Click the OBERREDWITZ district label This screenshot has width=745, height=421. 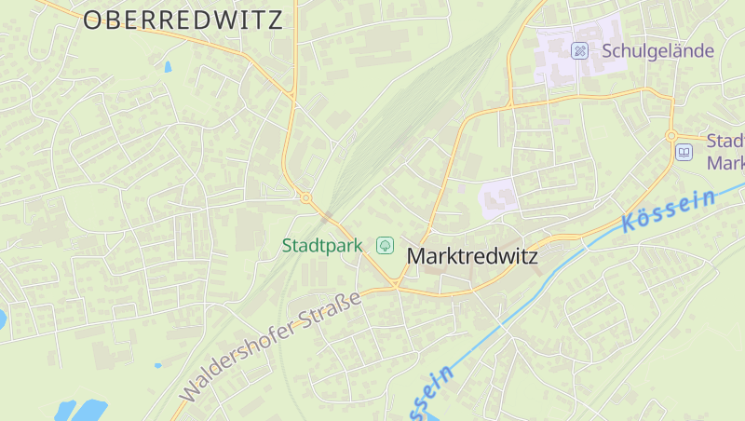pos(183,20)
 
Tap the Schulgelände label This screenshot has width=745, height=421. pos(657,50)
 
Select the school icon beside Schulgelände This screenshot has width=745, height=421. pos(580,50)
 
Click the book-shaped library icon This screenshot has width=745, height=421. pos(684,152)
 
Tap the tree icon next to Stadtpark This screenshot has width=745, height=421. pos(384,246)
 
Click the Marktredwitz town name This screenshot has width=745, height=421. pos(473,255)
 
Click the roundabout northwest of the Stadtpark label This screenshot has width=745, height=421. pos(305,197)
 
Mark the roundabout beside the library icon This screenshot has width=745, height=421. pos(671,136)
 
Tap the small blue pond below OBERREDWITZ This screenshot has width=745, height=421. pos(168,67)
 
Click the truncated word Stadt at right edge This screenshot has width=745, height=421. pos(725,142)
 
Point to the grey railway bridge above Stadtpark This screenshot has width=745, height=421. pos(327,217)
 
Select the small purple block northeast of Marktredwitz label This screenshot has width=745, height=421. pos(499,196)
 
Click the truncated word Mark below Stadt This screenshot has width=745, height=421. pos(726,163)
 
